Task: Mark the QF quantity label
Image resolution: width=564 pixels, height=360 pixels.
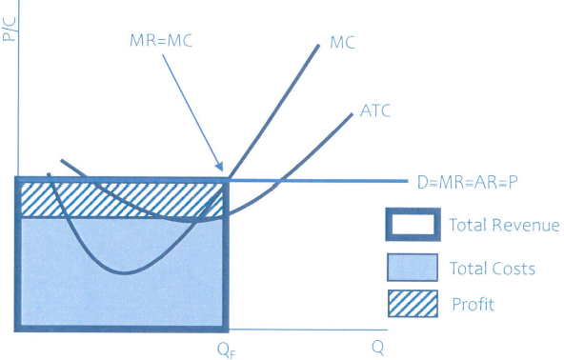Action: pyautogui.click(x=225, y=348)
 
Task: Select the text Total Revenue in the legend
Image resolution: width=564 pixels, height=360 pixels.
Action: pyautogui.click(x=504, y=226)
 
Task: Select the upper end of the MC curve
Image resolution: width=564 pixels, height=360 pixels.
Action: pyautogui.click(x=318, y=43)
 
